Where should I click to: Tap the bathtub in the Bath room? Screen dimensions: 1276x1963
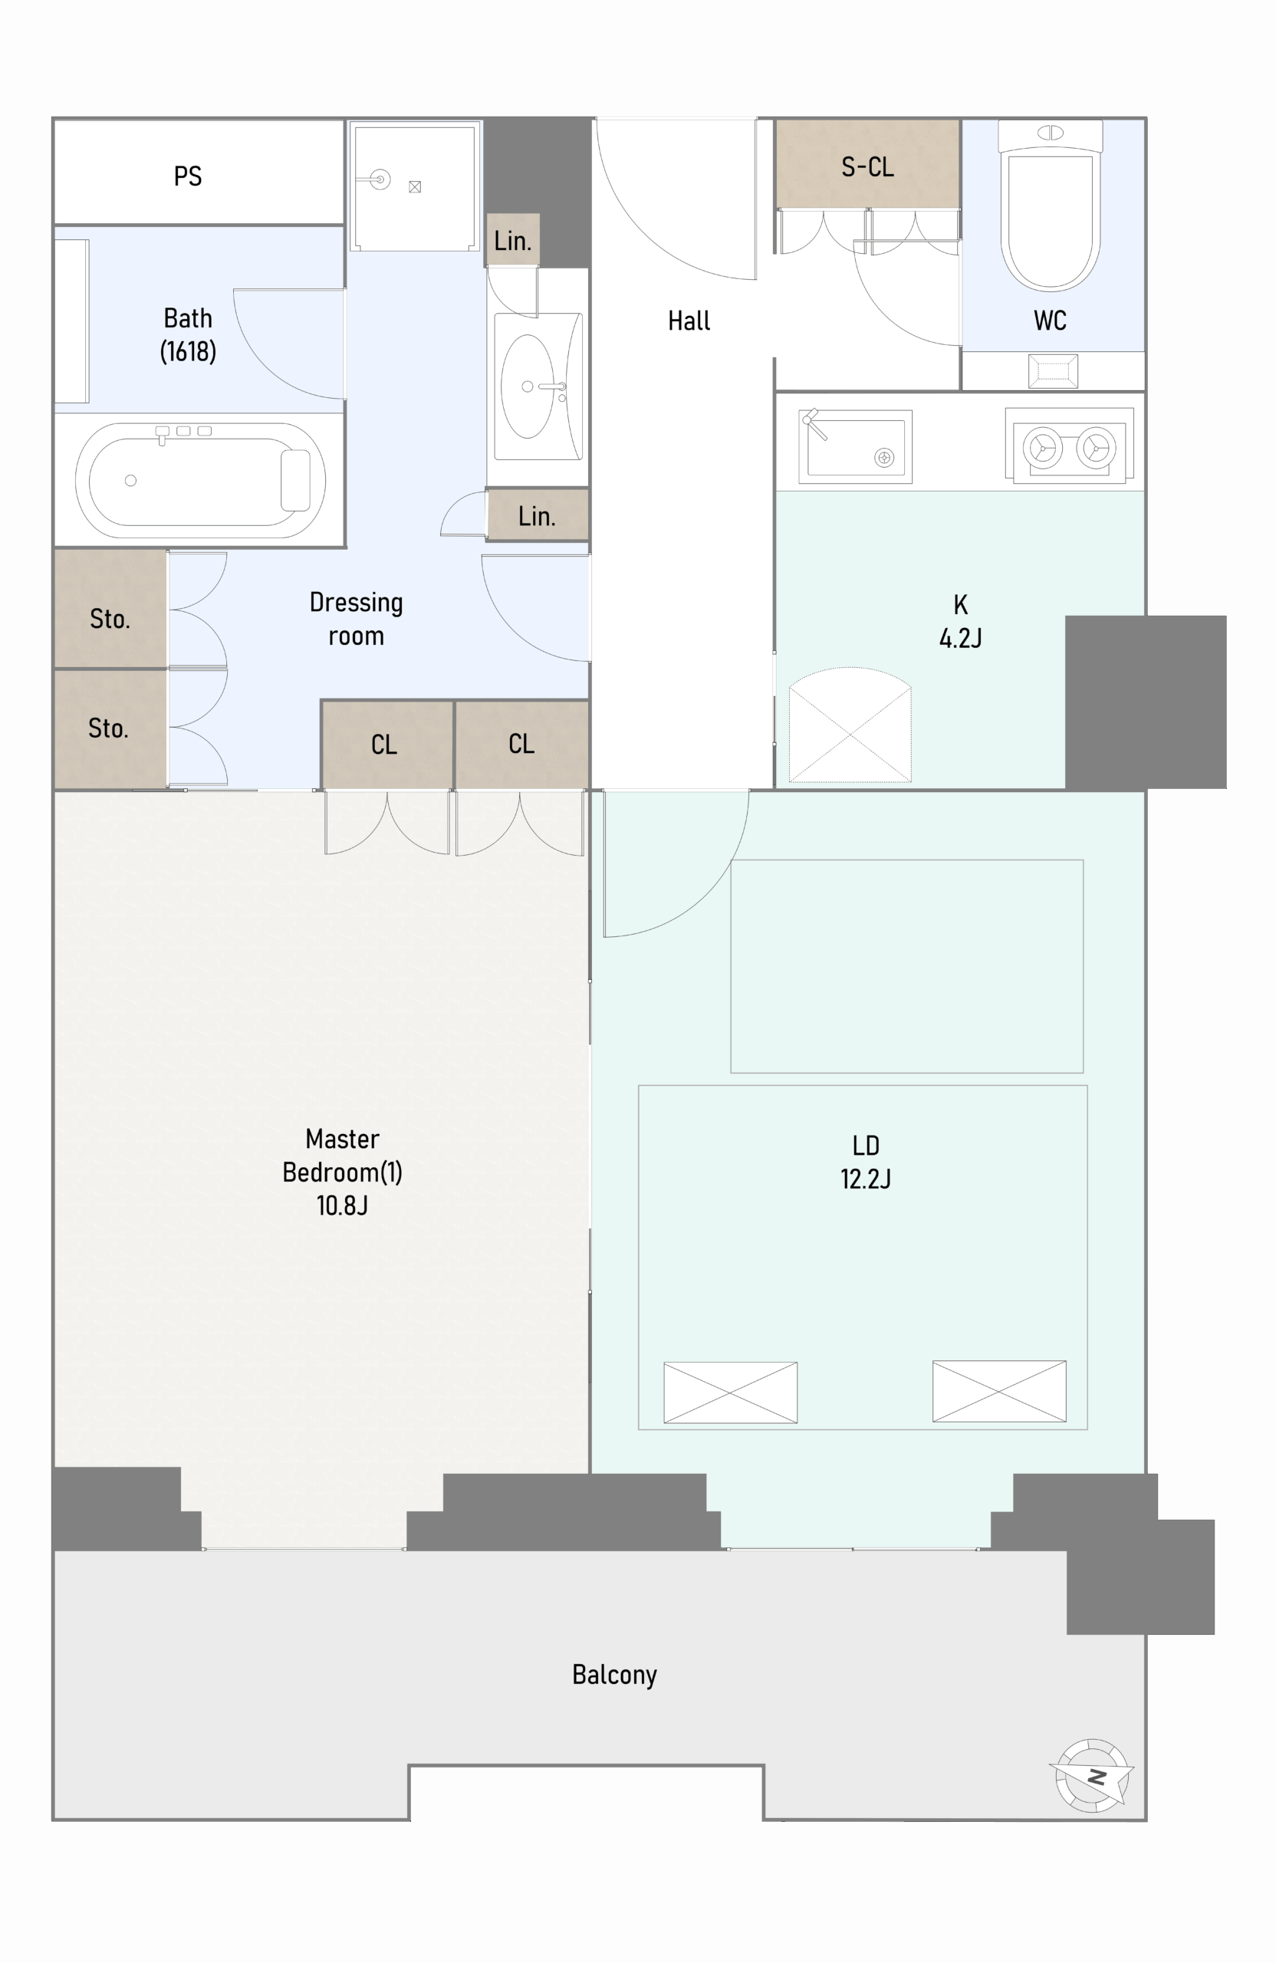click(200, 480)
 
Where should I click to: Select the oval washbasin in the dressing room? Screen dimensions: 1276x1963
click(528, 386)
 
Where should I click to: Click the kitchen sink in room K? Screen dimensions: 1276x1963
click(855, 446)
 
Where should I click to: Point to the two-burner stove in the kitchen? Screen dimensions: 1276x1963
click(1069, 446)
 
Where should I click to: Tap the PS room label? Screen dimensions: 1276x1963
click(188, 176)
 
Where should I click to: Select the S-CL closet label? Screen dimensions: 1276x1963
click(868, 167)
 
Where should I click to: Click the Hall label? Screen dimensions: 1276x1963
click(689, 321)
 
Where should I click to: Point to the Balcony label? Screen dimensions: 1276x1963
click(614, 1675)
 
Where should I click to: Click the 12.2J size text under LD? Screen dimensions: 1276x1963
click(865, 1179)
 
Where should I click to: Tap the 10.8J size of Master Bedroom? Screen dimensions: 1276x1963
click(341, 1206)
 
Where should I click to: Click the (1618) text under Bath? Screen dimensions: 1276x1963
click(188, 351)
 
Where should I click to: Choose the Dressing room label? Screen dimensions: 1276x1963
click(357, 619)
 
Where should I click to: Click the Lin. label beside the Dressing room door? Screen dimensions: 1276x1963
click(536, 516)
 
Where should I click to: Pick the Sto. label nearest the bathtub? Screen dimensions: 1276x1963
click(110, 620)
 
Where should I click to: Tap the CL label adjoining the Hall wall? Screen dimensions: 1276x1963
click(521, 744)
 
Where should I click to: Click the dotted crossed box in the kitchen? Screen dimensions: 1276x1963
click(850, 724)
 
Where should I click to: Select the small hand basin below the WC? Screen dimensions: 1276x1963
click(1053, 370)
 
